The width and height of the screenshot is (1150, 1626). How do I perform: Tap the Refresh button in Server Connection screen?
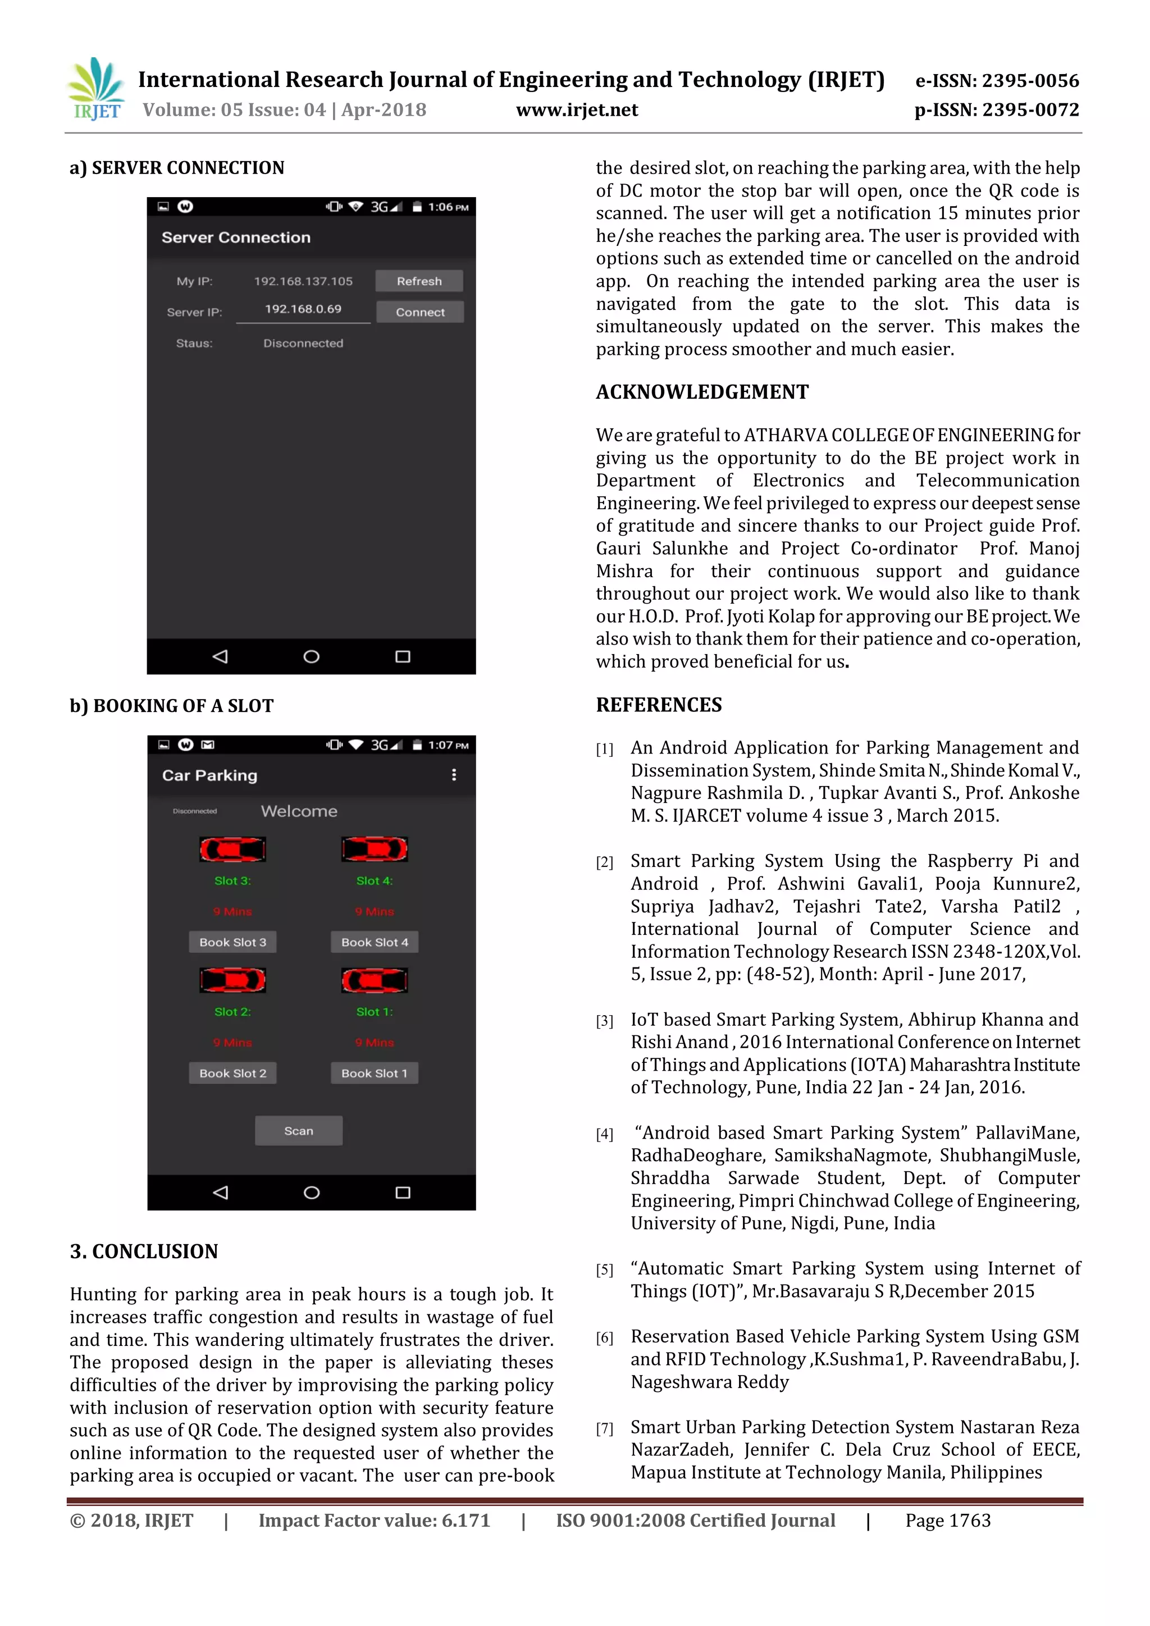click(x=419, y=281)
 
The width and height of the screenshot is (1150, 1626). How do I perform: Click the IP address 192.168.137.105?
click(x=303, y=281)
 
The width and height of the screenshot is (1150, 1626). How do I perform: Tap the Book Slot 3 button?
click(x=232, y=943)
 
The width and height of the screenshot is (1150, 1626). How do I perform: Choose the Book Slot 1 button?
click(x=374, y=1074)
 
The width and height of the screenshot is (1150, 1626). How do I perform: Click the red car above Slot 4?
click(x=374, y=849)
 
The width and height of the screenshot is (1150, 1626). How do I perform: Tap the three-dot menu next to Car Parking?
click(x=454, y=775)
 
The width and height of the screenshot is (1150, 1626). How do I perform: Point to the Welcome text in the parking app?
click(x=299, y=811)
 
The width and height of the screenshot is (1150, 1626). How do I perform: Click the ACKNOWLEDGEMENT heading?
click(x=702, y=392)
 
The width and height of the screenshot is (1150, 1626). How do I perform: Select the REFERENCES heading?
click(x=659, y=705)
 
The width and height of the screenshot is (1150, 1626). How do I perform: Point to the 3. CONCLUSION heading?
click(x=144, y=1252)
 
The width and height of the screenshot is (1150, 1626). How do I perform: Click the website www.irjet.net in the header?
click(x=577, y=111)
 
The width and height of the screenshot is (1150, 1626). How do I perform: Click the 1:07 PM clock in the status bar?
click(x=448, y=746)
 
